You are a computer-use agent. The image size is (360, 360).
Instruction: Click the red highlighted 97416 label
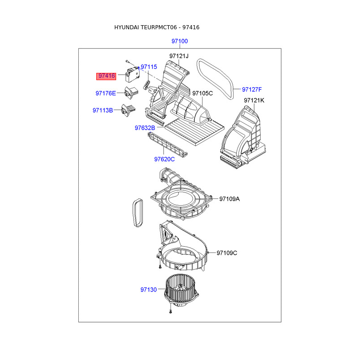click(106, 76)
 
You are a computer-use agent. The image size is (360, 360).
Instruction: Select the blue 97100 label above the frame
click(180, 41)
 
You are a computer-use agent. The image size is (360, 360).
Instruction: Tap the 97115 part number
click(149, 67)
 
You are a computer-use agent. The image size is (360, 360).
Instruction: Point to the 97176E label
click(106, 93)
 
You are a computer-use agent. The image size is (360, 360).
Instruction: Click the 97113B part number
click(103, 110)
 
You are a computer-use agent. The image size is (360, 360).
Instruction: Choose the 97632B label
click(145, 128)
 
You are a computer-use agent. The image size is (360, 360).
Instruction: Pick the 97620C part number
click(164, 159)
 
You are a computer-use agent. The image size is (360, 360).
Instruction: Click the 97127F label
click(252, 89)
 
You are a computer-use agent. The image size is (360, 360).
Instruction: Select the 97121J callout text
click(179, 56)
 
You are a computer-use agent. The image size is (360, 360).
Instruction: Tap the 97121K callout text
click(254, 100)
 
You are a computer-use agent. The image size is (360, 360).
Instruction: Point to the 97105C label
click(202, 93)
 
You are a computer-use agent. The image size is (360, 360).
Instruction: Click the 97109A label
click(229, 199)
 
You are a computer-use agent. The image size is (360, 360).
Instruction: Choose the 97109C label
click(227, 253)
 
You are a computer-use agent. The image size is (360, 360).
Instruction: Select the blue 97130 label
click(148, 290)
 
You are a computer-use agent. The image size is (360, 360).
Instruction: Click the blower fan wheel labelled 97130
click(181, 290)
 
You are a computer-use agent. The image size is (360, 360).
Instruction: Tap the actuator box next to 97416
click(132, 74)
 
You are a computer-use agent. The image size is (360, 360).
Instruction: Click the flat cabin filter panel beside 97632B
click(195, 132)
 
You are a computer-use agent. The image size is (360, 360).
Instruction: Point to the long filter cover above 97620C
click(167, 145)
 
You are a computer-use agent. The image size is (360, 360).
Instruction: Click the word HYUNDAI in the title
click(126, 27)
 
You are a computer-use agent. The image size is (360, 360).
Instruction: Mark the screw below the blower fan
click(171, 311)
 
